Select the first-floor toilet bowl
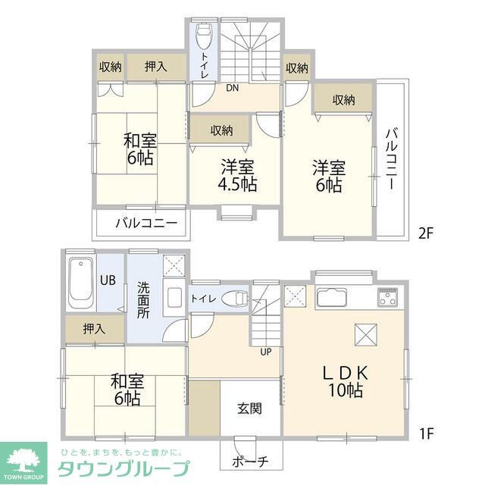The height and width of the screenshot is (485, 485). point(238,299)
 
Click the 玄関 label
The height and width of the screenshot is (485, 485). point(249,409)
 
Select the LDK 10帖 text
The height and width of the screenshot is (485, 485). point(346,381)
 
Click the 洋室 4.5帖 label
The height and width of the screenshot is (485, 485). point(236,175)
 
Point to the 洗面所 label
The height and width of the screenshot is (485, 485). point(143,299)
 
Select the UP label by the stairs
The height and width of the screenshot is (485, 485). point(266,351)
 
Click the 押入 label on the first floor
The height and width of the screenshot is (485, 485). point(93,329)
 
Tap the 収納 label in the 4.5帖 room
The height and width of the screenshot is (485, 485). point(221,130)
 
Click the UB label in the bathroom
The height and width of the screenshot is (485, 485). point(108,279)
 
